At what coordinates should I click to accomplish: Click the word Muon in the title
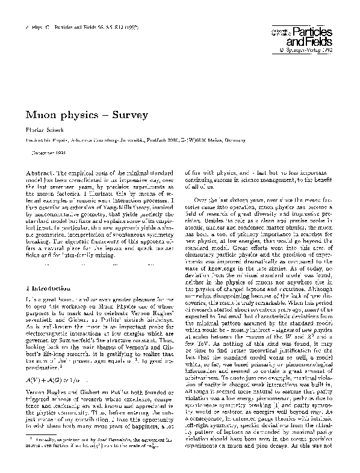coord(40,114)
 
